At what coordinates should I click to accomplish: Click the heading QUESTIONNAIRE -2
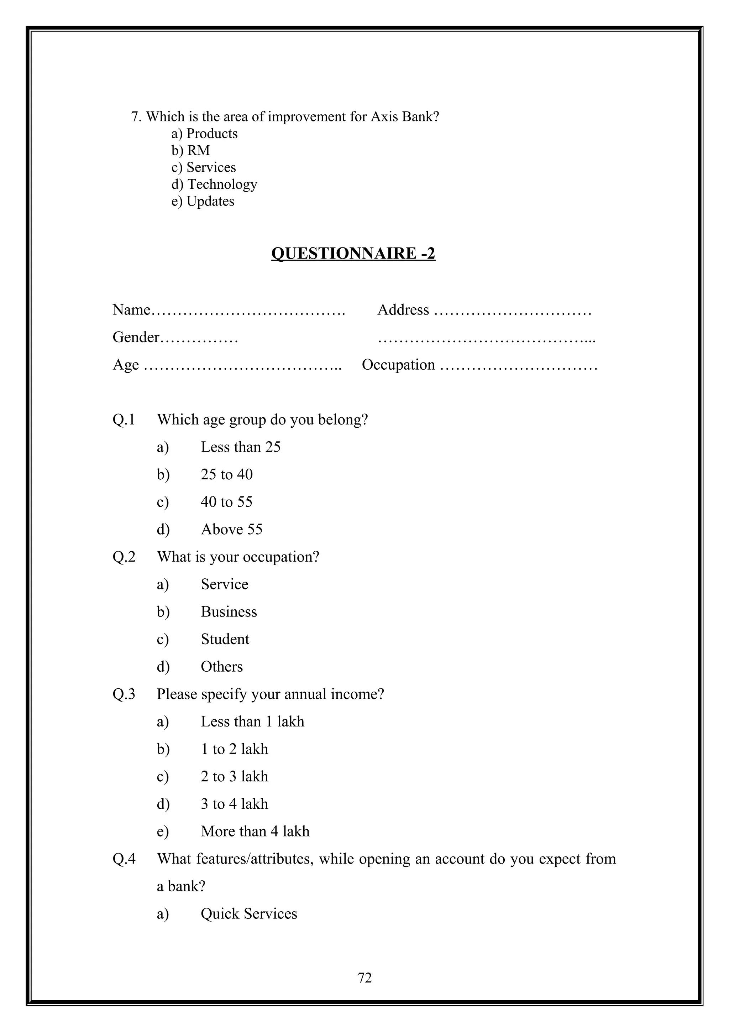coord(353,254)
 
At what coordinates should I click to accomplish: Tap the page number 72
coord(364,978)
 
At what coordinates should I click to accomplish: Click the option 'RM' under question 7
coord(198,151)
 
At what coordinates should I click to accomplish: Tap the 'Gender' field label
coord(136,337)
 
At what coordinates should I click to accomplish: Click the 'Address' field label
coord(403,310)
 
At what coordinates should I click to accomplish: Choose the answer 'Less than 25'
coord(240,447)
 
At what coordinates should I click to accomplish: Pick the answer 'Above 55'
coord(231,529)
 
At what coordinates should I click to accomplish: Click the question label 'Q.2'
coord(124,557)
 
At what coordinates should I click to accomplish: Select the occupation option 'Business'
coord(229,612)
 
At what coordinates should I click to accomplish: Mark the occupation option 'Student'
coord(225,639)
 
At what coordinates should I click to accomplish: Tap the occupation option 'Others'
coord(221,667)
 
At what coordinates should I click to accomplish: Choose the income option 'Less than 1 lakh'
coord(252,721)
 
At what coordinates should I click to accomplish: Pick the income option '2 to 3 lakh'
coord(234,776)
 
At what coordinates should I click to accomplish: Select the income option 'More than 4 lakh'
coord(255,831)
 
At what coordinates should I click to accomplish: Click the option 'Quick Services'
coord(249,914)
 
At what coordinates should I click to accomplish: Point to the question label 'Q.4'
coord(124,859)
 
